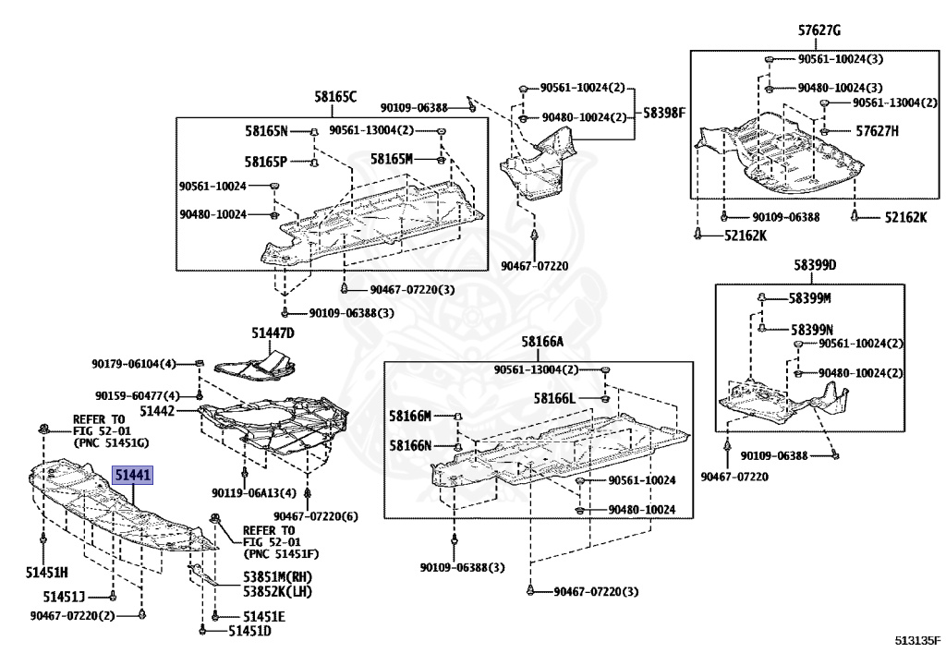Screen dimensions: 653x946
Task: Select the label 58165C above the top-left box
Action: (x=334, y=96)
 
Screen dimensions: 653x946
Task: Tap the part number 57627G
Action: (x=819, y=30)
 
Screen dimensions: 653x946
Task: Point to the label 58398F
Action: (x=664, y=113)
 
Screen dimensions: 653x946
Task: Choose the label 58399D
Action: (x=813, y=266)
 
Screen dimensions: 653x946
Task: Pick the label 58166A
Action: (x=541, y=342)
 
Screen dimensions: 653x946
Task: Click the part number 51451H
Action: (x=47, y=573)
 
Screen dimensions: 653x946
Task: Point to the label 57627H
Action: (x=877, y=131)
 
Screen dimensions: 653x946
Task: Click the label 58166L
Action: (x=554, y=399)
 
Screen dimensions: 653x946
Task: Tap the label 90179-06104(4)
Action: (x=133, y=363)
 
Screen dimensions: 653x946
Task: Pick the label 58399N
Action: (x=810, y=329)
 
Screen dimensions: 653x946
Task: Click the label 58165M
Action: (x=391, y=159)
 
